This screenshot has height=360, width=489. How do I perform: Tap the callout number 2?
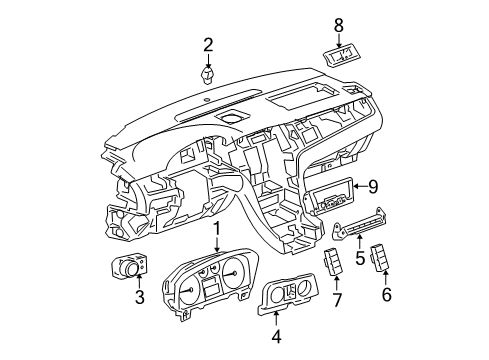click(209, 44)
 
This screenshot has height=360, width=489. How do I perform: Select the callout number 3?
click(140, 295)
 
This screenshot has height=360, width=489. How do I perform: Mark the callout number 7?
click(337, 299)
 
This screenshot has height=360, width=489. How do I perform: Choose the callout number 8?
click(338, 25)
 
